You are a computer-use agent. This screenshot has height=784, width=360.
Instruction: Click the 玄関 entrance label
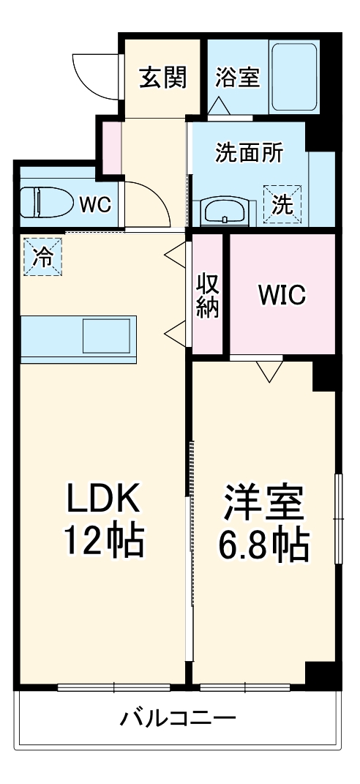[162, 76]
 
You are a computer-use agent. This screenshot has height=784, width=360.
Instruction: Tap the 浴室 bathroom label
[237, 76]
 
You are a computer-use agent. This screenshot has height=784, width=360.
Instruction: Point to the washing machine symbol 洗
[282, 201]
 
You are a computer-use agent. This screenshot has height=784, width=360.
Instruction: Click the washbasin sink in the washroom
[225, 211]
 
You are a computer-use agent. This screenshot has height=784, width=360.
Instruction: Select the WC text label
[95, 204]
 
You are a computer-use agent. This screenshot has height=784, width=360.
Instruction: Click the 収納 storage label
[207, 294]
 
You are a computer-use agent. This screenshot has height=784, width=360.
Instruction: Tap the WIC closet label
[281, 294]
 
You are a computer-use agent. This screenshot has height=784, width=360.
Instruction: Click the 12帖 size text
[102, 542]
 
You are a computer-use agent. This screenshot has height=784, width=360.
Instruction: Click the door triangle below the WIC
[269, 372]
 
